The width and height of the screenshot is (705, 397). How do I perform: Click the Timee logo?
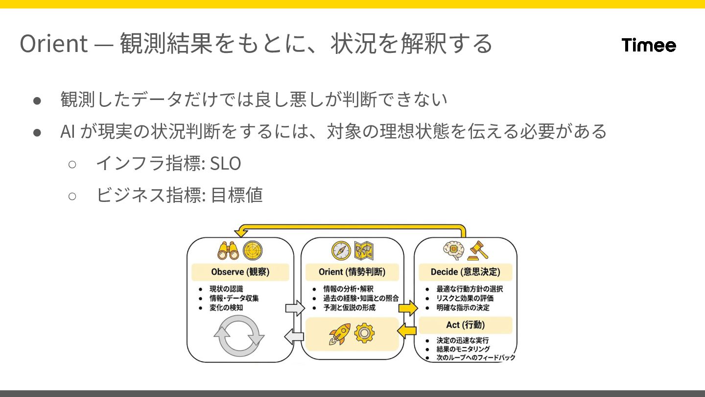coord(649,45)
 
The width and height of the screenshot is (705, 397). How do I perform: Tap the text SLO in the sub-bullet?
coord(225,164)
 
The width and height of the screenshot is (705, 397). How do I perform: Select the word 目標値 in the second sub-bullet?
coord(236,195)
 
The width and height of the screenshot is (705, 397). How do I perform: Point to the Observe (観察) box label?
coord(240,272)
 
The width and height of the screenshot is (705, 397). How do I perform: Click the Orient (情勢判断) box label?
coord(352,272)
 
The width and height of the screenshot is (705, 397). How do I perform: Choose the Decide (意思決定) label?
coord(465,272)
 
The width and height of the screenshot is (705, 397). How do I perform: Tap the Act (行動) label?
coord(465,324)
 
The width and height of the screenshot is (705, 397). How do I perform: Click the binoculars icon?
coord(228,250)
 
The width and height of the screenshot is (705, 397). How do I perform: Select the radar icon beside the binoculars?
coord(253,250)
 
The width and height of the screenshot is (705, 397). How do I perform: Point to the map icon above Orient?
coord(365,250)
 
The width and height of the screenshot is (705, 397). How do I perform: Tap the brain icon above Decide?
coord(453,250)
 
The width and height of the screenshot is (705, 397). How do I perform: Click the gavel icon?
coord(478,251)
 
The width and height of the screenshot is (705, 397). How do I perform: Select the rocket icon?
coord(339,334)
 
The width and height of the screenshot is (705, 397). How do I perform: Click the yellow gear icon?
coord(364,333)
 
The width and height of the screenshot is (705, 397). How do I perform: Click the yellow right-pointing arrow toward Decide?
coord(407,308)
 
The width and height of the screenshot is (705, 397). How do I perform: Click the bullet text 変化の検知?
coord(226,308)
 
